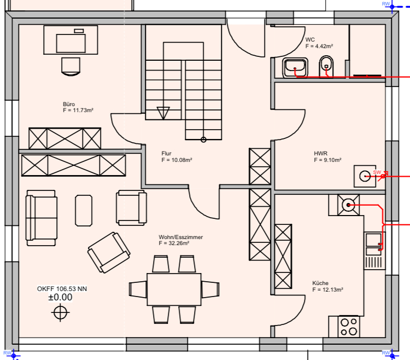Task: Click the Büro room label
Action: [x=69, y=104]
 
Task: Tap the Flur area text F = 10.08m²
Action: [x=177, y=160]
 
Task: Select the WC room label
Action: [x=310, y=40]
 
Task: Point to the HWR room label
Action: [x=320, y=153]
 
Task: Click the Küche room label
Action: [x=320, y=283]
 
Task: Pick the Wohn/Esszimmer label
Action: [x=181, y=237]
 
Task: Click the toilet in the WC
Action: [x=326, y=66]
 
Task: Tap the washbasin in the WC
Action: [x=295, y=67]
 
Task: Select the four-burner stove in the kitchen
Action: [x=349, y=326]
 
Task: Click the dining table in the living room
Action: [x=174, y=289]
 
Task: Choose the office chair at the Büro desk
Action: [x=71, y=66]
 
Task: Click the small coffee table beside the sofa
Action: [x=84, y=210]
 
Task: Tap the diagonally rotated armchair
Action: [x=109, y=252]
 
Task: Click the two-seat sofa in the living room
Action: [x=42, y=218]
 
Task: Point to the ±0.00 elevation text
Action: [x=60, y=297]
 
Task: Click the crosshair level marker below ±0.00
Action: [x=60, y=312]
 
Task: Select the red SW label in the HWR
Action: [x=377, y=172]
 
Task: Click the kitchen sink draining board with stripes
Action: [x=375, y=262]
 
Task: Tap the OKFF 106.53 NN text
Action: [x=62, y=289]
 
